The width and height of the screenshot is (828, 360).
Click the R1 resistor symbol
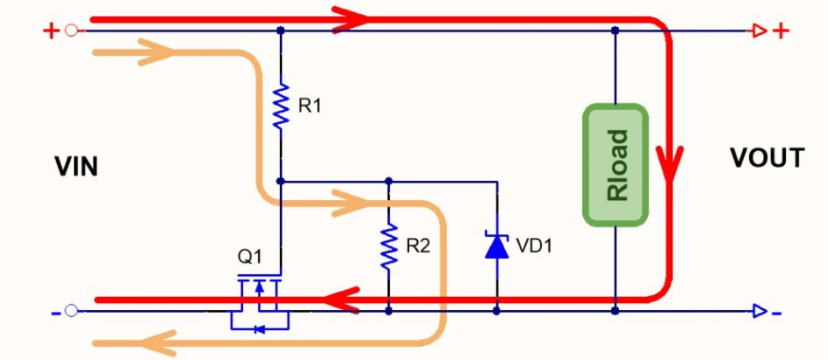[x=280, y=107]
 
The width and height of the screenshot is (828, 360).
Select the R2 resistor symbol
[x=388, y=247]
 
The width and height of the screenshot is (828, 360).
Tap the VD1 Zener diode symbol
[x=497, y=246]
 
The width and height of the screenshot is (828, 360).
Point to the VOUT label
[x=766, y=158]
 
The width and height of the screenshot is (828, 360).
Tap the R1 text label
[x=310, y=107]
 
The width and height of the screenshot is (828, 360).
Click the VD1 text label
[x=532, y=247]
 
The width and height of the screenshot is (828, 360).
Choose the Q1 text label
[x=249, y=258]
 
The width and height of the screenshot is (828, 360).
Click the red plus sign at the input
[x=49, y=32]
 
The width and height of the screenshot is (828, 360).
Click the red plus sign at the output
[x=780, y=32]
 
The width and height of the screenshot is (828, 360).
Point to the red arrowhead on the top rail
[x=348, y=18]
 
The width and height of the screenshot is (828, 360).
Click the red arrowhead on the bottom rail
[x=343, y=300]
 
